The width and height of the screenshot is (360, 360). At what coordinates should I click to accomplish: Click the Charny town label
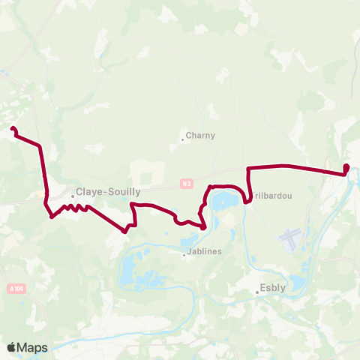(201, 136)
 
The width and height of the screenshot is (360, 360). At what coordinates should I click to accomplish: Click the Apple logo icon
(12, 347)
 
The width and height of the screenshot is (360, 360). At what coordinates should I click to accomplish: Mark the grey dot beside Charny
(182, 139)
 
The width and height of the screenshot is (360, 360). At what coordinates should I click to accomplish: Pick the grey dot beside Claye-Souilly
(73, 196)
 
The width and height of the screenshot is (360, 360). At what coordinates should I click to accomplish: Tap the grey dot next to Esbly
(256, 292)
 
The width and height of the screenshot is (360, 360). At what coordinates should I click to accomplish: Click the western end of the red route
(12, 129)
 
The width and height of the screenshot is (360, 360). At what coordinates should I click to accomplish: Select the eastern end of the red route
(346, 166)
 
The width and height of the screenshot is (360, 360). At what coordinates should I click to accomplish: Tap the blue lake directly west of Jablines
(132, 266)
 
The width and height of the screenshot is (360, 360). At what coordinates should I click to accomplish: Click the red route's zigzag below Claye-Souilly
(72, 207)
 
